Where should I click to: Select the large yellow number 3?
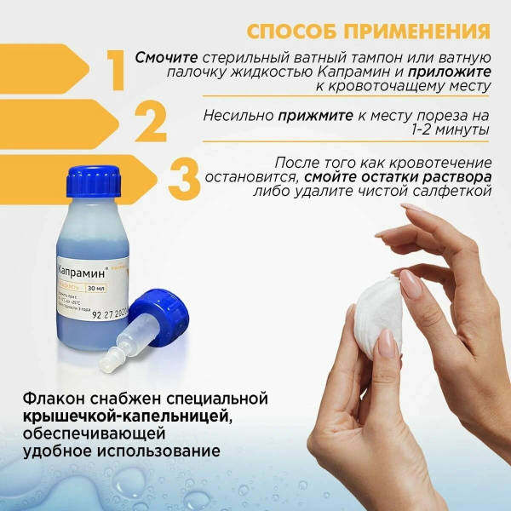(x=185, y=177)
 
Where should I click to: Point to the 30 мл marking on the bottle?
(x=108, y=288)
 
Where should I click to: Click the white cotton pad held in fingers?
(x=378, y=302)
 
